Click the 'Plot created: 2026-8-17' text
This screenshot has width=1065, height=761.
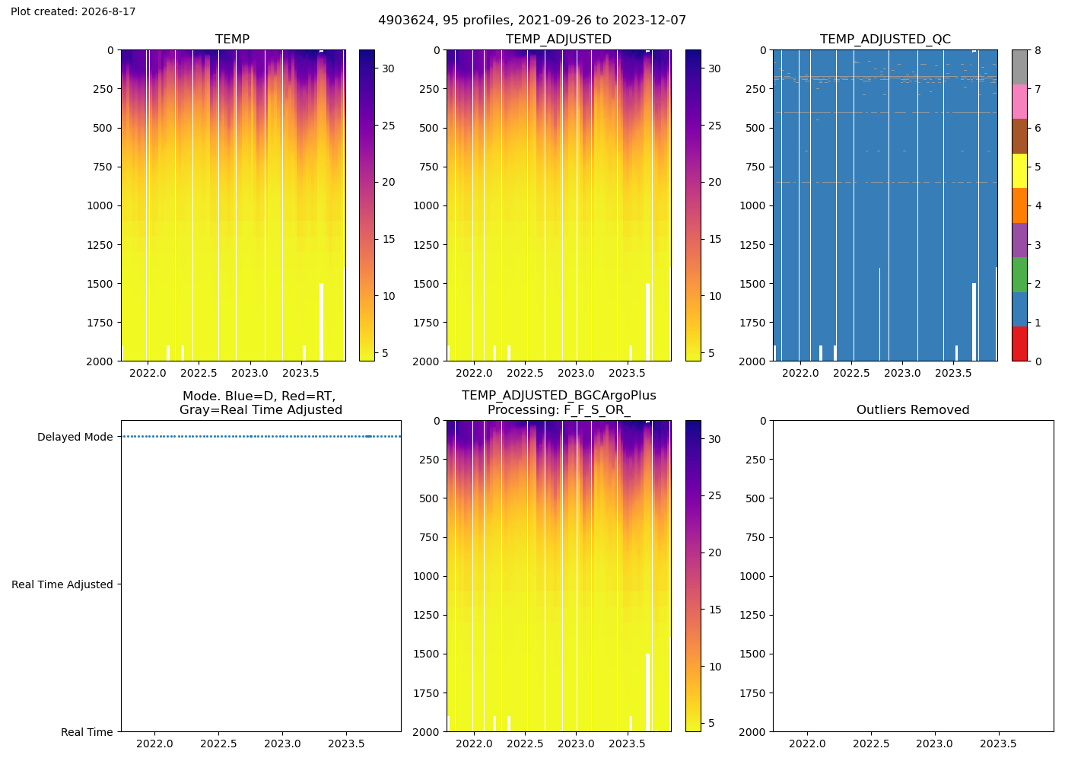coord(73,11)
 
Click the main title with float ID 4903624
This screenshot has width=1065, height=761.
coord(532,21)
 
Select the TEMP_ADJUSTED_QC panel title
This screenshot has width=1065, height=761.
coord(885,40)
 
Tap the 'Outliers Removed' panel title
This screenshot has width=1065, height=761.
coord(913,410)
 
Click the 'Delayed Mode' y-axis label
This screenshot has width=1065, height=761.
coord(75,437)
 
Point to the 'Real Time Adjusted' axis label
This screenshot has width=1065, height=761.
coord(62,584)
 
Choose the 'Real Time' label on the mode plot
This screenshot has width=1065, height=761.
coord(87,732)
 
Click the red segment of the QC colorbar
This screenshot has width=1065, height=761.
coord(1019,344)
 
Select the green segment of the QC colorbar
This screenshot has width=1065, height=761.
coord(1019,275)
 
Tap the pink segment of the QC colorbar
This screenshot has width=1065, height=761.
coord(1019,102)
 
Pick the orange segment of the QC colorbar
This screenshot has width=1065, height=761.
coord(1019,205)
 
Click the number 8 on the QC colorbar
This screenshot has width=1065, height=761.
coord(1038,50)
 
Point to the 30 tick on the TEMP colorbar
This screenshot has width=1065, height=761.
coord(388,68)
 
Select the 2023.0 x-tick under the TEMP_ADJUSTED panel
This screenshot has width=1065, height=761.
coord(577,374)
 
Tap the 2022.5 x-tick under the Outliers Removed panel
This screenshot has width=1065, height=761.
coord(871,744)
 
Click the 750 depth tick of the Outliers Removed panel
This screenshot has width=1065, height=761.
coord(755,537)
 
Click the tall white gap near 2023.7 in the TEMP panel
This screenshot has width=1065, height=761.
coord(321,322)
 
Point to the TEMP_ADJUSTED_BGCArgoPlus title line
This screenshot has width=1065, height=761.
coord(558,396)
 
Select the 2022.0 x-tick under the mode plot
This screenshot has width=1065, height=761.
coord(154,744)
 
